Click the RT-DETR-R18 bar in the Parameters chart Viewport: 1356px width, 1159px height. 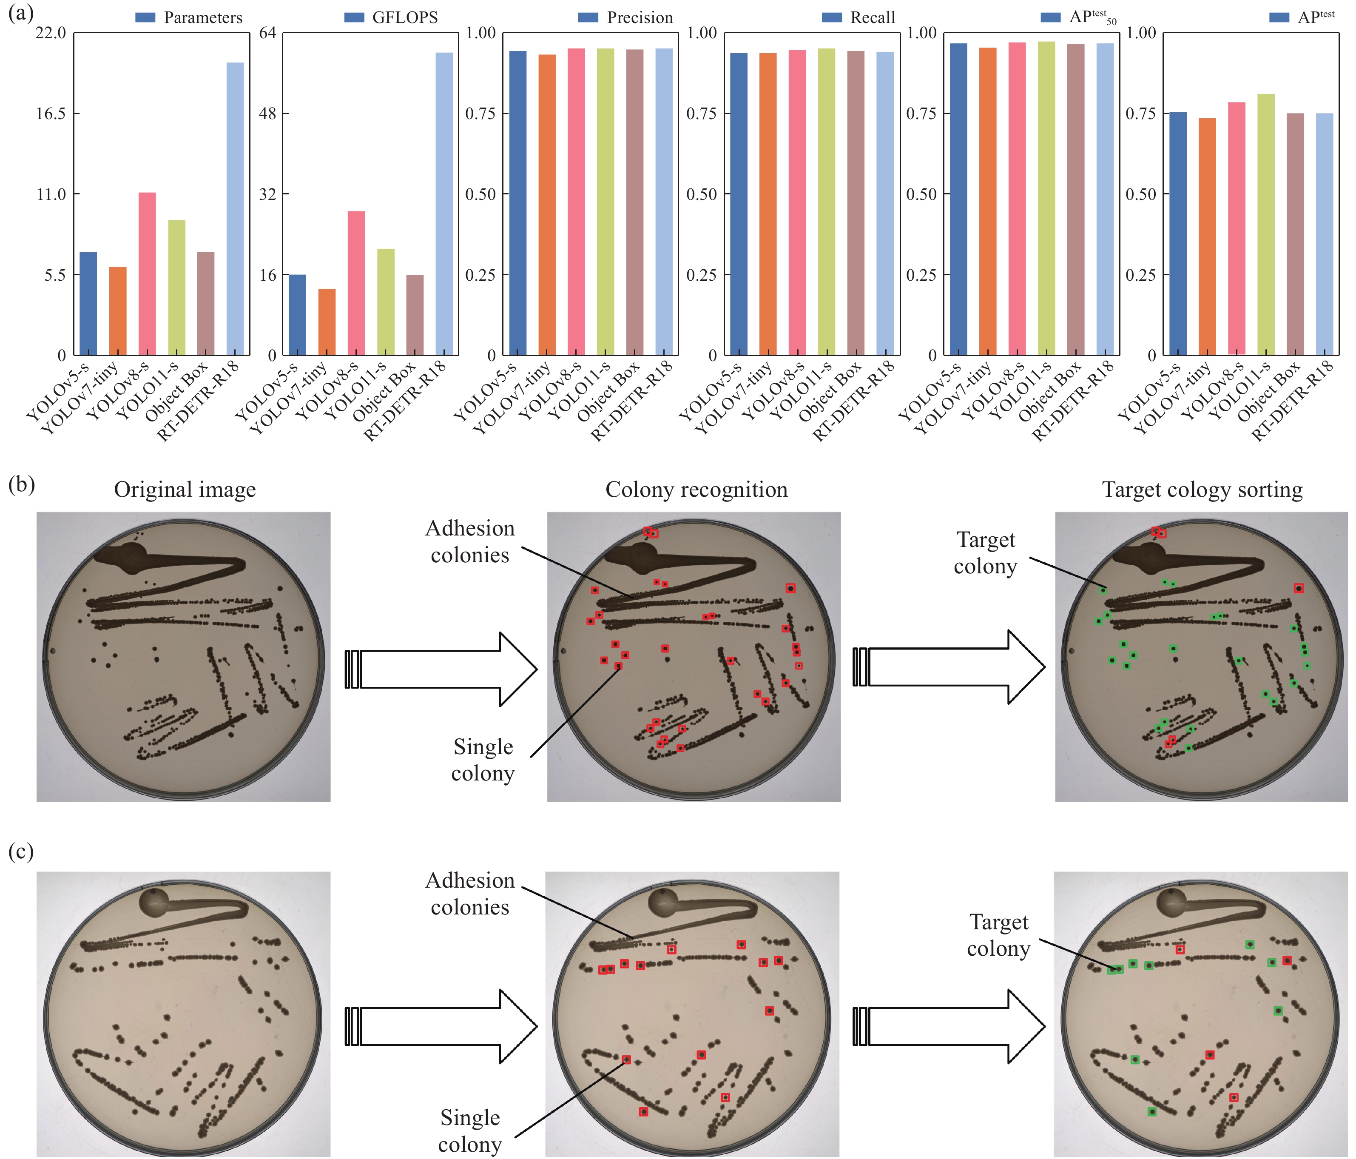click(235, 209)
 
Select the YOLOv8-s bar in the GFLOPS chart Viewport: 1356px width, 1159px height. click(356, 283)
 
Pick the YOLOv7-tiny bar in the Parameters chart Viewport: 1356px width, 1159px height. click(118, 311)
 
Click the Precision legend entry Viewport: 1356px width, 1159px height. click(625, 18)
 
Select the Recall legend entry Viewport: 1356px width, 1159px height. click(858, 18)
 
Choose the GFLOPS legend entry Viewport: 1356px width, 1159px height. click(391, 18)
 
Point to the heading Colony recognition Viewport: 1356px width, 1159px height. click(696, 490)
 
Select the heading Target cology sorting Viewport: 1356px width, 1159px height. click(1202, 490)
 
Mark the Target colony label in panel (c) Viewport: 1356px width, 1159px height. click(999, 935)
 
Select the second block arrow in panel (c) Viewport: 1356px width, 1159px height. click(949, 1026)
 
